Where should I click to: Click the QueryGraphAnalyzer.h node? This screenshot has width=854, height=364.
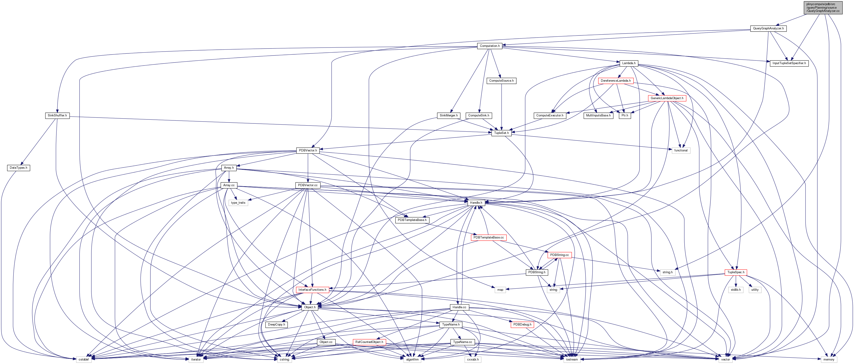(x=768, y=28)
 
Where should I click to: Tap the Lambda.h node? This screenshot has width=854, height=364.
(x=629, y=63)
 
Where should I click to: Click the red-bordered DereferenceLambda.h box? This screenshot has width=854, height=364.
(x=616, y=81)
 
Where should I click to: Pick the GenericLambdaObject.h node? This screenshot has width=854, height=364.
(x=667, y=98)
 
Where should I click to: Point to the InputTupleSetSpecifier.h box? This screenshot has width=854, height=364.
(x=789, y=63)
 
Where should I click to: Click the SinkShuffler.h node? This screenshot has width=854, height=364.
(x=57, y=115)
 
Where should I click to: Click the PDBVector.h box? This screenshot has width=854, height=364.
(x=308, y=150)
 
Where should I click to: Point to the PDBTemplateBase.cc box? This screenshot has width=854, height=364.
(x=488, y=237)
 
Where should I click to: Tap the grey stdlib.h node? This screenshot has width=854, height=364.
(x=736, y=290)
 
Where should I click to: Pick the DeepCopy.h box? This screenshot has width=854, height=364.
(x=276, y=325)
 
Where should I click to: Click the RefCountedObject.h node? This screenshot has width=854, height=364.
(x=369, y=342)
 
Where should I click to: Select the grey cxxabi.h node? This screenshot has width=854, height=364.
(x=472, y=359)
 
